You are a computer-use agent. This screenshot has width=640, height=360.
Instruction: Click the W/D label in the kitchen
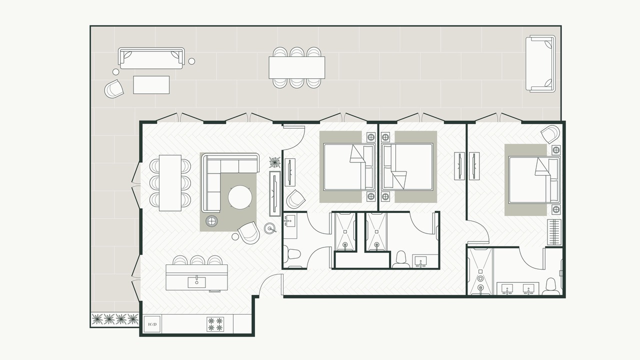[x=152, y=324]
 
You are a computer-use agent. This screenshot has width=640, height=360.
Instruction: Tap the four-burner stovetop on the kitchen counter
[x=215, y=324]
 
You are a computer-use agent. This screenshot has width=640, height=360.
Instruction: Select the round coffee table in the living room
[x=240, y=197]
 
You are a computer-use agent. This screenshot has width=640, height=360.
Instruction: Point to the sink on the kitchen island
[x=196, y=282]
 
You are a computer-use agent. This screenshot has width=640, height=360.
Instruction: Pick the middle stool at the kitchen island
[x=197, y=260]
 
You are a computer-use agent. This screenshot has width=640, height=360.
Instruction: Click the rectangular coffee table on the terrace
[x=151, y=84]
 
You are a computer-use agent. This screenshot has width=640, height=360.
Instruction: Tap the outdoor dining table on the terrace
[x=296, y=67]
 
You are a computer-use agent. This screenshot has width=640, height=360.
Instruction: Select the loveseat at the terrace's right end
[x=540, y=63]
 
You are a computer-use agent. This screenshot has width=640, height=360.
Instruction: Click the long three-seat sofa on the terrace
[x=151, y=58]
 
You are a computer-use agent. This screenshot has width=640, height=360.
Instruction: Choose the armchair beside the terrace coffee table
[x=113, y=89]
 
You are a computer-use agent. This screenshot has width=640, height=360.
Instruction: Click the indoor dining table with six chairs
[x=170, y=183]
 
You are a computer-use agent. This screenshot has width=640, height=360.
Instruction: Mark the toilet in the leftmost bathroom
[x=293, y=253]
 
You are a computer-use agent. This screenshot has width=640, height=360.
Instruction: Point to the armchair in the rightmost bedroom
[x=550, y=134]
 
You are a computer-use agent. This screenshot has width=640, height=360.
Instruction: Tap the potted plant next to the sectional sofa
[x=275, y=162]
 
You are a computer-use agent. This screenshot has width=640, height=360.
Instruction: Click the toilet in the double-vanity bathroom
[x=551, y=286]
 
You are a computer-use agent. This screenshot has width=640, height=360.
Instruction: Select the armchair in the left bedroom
[x=295, y=199]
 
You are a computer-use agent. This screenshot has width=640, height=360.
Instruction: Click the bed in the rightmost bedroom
[x=533, y=179]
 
